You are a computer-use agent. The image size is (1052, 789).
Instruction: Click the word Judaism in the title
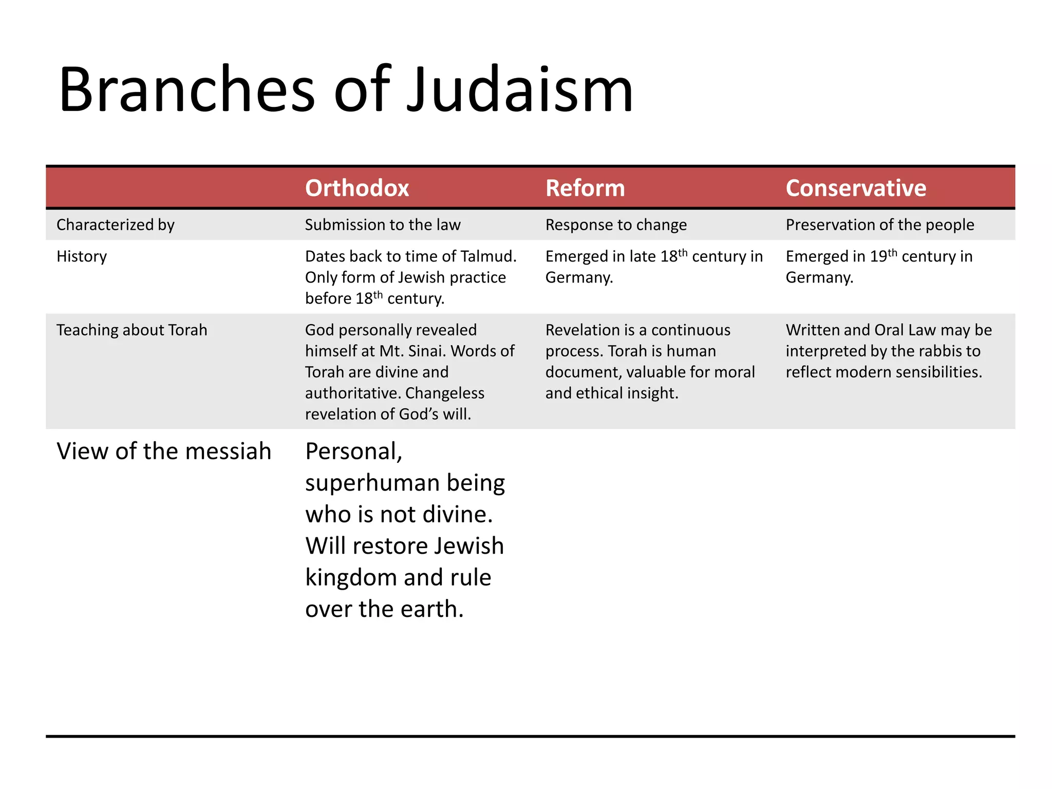click(x=520, y=90)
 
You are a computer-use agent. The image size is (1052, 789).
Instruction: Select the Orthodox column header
click(x=357, y=188)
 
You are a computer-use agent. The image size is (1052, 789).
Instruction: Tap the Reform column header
click(x=585, y=188)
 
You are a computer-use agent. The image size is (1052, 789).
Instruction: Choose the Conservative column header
click(x=856, y=188)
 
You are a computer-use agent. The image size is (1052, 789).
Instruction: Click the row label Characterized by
click(x=116, y=225)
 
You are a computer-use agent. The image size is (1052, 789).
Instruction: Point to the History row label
click(x=82, y=256)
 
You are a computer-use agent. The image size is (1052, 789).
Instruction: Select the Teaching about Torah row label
click(x=132, y=330)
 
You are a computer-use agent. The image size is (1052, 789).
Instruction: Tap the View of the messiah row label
click(x=164, y=452)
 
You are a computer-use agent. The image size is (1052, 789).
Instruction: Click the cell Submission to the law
click(x=383, y=225)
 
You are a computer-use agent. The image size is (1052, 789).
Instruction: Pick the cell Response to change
click(x=616, y=225)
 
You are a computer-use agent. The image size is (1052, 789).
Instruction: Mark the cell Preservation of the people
click(x=880, y=225)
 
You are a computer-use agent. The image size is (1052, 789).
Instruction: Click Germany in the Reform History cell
click(x=579, y=278)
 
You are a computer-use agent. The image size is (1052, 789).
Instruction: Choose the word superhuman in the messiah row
click(x=370, y=483)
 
